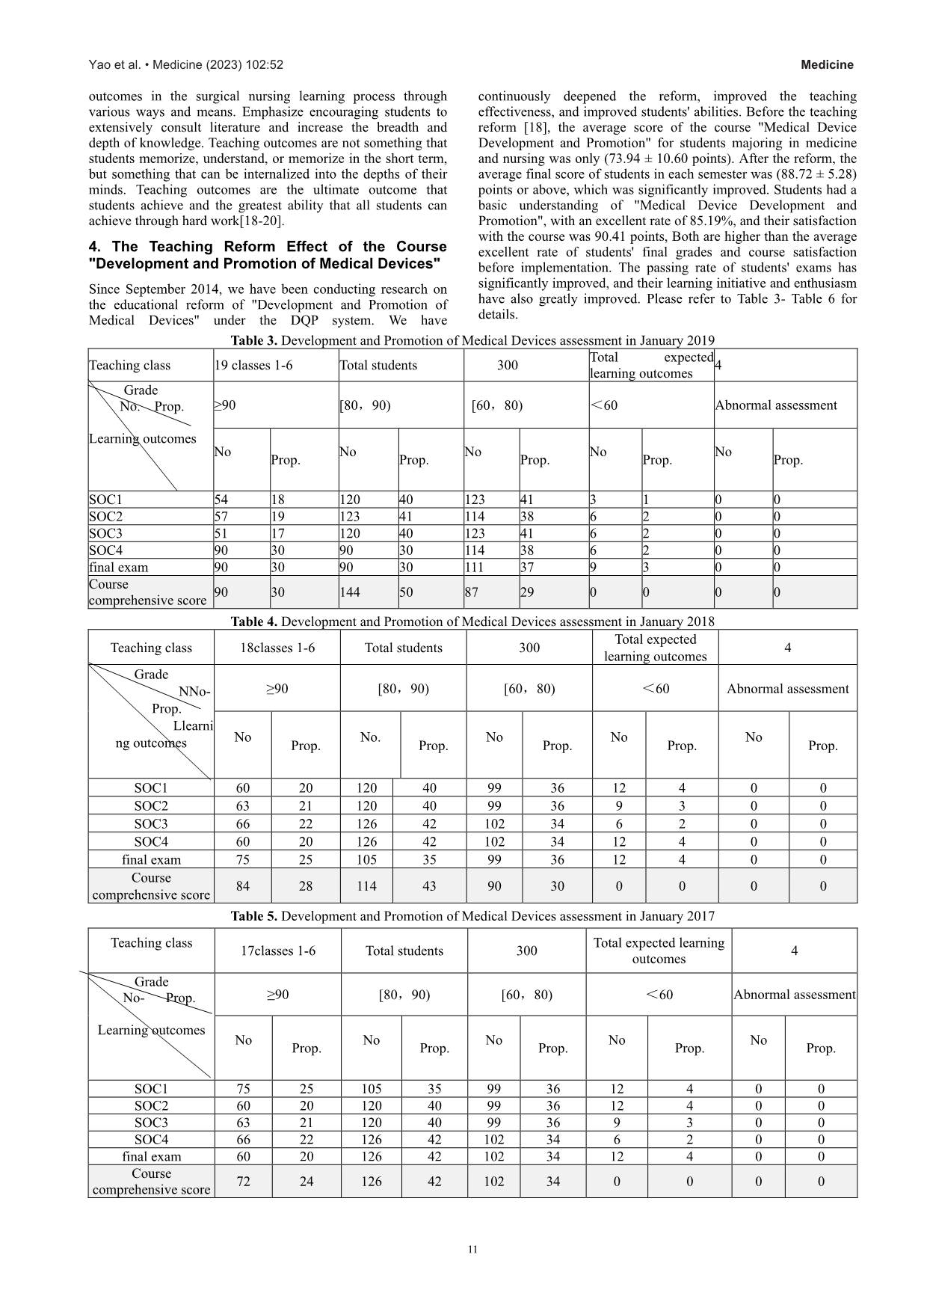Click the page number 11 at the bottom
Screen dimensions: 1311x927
pos(472,1250)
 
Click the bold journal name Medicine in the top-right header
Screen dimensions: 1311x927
pos(827,65)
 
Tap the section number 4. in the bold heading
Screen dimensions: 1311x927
pos(96,247)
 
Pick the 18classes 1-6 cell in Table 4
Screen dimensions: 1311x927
pos(277,648)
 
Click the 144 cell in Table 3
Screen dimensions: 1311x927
pos(350,592)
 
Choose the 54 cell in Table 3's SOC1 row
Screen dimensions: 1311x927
pos(221,500)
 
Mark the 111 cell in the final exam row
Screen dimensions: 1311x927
pos(475,568)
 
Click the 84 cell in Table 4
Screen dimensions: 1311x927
pos(243,886)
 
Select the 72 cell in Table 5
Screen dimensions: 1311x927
pos(243,1182)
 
